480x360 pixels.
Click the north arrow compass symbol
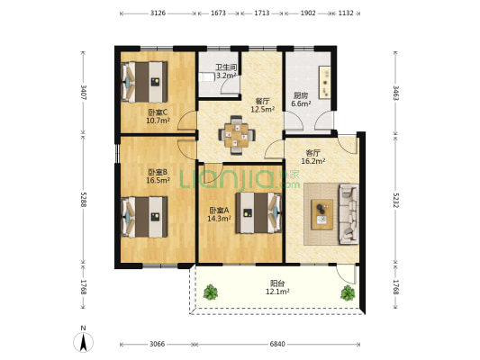coord(83,342)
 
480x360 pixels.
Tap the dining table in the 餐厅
coord(237,135)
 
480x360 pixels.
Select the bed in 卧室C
coord(144,82)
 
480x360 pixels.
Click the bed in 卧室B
coord(144,217)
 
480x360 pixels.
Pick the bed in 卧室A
coord(258,213)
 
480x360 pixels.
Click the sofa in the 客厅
coord(349,214)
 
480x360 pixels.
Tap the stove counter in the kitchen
coord(325,82)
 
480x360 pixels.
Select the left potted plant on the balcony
coord(211,292)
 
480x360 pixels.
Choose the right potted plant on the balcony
coord(348,293)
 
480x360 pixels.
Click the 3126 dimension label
coord(158,13)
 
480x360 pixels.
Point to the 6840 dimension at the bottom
coord(277,344)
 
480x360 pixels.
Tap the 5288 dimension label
coord(84,200)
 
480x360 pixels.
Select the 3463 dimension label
coord(396,94)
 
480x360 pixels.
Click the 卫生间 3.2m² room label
coord(226,71)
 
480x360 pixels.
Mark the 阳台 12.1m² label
coord(277,287)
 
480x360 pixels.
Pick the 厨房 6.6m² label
coord(301,100)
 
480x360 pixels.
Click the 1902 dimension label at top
coord(308,13)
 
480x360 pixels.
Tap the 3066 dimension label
coord(157,344)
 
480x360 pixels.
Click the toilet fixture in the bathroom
coord(206,76)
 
